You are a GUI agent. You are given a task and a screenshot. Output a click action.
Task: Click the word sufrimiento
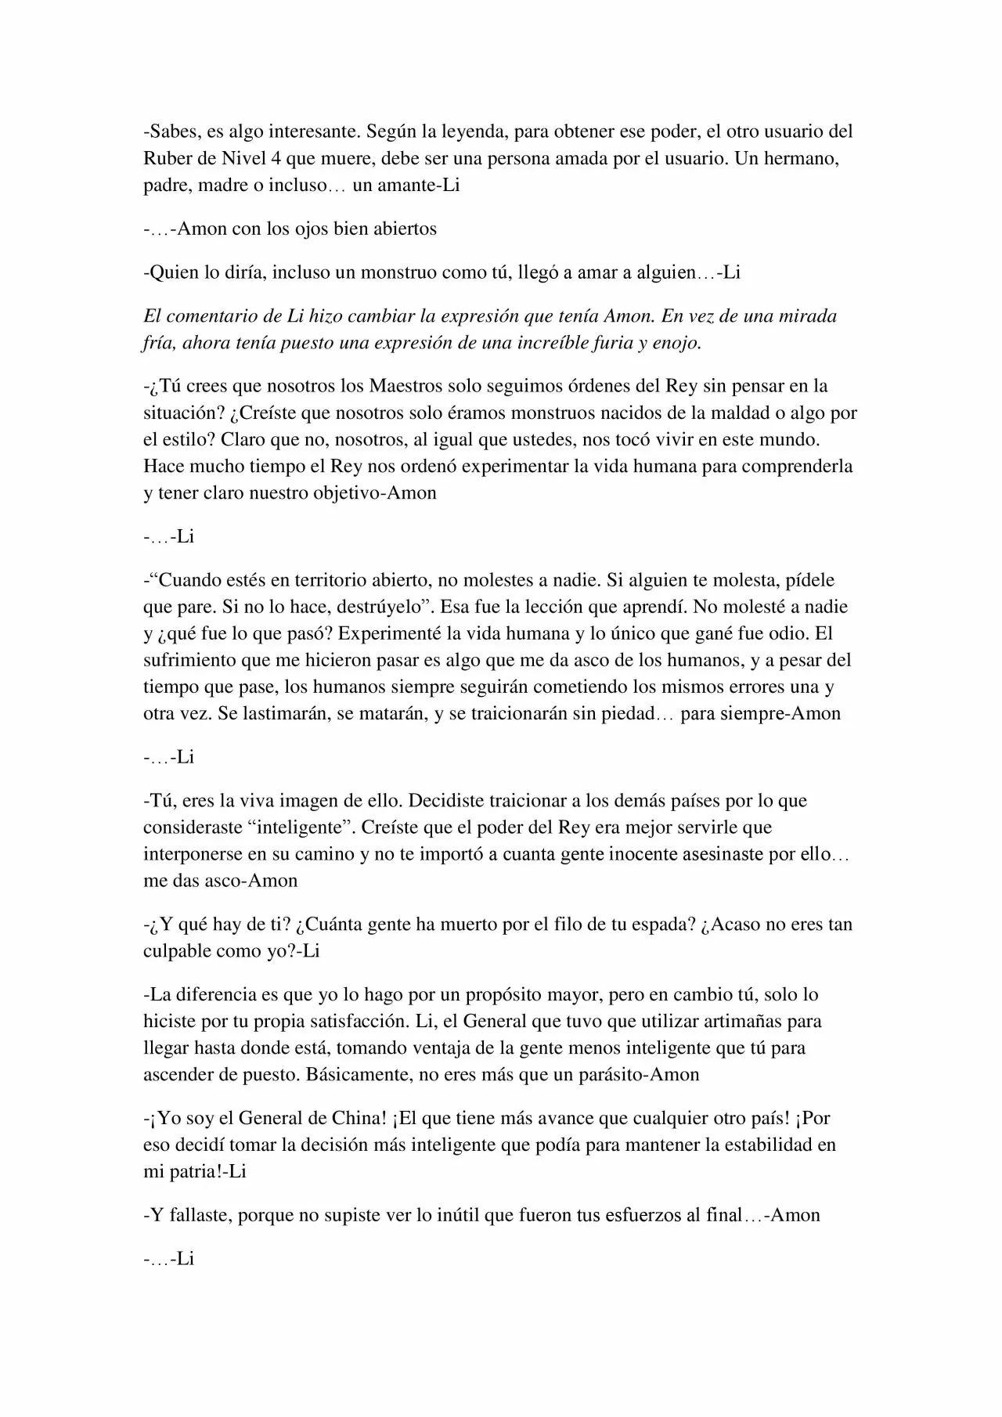point(190,660)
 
